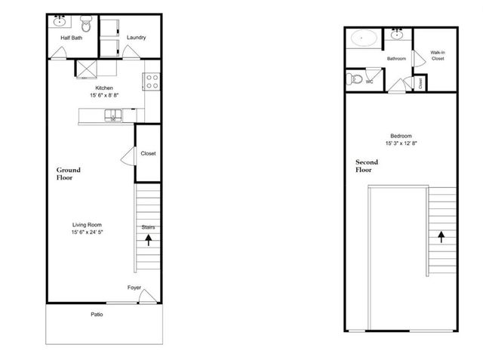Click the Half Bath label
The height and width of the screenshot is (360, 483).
click(71, 37)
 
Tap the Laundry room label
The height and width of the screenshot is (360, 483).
click(137, 37)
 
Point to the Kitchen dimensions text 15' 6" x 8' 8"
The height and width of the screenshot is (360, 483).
click(104, 96)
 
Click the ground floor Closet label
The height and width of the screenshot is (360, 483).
click(148, 153)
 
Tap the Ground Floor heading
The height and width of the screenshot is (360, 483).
click(68, 175)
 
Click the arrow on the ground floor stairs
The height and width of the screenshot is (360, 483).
click(149, 241)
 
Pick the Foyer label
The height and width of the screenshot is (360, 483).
click(134, 287)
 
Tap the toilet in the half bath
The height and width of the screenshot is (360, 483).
click(85, 25)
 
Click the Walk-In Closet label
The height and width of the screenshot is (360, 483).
click(437, 55)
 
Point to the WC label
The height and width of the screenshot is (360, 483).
click(370, 82)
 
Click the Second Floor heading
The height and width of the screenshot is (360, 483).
click(368, 166)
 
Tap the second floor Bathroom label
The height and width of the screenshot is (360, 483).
click(396, 59)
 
